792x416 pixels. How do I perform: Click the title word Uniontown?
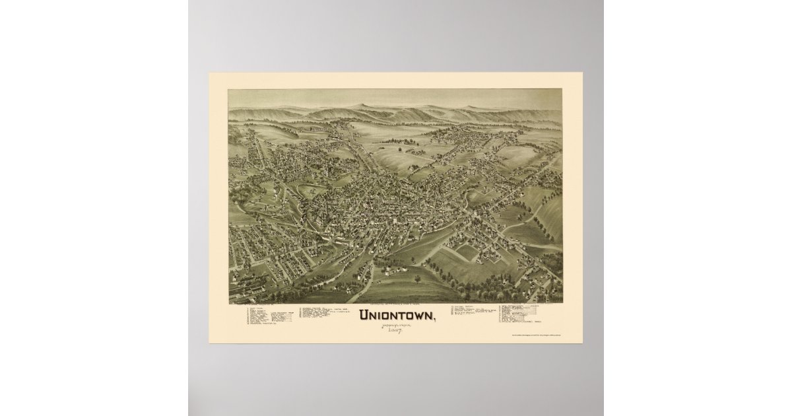[395, 315]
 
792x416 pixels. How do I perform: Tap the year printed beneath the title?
[395, 329]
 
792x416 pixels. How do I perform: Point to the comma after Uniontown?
[434, 319]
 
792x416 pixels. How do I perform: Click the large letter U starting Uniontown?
[363, 315]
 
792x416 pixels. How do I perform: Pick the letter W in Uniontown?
[418, 315]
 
